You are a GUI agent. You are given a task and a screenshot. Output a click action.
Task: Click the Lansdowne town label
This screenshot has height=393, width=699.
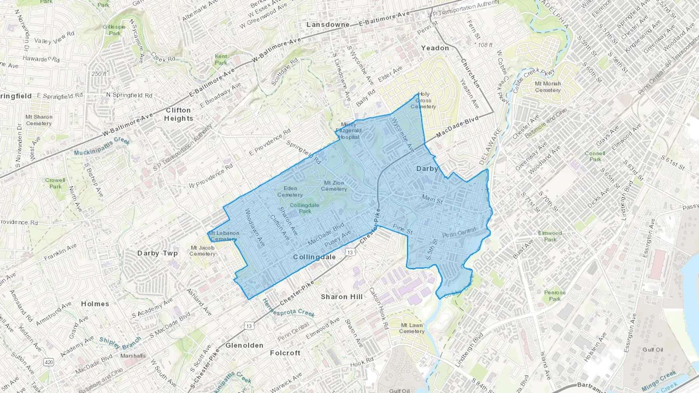click(328, 24)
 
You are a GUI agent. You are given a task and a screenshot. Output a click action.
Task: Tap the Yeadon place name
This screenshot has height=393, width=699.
click(435, 48)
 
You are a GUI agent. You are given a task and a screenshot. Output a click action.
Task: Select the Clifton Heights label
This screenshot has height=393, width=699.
click(178, 114)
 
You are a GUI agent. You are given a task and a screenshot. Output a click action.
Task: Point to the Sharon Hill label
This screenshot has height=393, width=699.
click(342, 297)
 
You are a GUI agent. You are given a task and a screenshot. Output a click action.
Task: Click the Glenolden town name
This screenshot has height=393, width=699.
click(244, 345)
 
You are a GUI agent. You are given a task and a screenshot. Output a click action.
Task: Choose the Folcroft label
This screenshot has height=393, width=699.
click(285, 353)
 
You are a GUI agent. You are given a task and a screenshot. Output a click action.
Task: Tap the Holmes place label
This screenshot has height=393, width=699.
click(95, 304)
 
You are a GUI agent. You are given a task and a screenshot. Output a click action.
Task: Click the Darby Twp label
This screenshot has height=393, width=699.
click(157, 253)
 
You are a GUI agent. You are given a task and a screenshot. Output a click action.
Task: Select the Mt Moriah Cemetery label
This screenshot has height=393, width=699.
click(548, 87)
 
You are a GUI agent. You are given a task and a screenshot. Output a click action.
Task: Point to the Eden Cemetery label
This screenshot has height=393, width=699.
click(290, 192)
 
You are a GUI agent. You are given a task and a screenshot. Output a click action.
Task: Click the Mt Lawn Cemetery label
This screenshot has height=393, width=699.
click(412, 328)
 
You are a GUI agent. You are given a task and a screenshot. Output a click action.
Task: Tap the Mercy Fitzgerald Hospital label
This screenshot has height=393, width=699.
click(348, 131)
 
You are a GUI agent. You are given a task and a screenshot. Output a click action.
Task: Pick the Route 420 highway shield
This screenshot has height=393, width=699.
click(49, 362)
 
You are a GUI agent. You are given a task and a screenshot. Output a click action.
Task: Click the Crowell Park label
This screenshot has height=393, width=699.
click(55, 183)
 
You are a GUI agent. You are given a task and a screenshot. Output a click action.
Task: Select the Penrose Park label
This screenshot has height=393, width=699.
click(555, 296)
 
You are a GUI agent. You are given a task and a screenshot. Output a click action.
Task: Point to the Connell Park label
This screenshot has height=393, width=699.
click(595, 156)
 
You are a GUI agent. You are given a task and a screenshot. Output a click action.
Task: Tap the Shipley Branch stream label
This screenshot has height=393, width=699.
click(120, 343)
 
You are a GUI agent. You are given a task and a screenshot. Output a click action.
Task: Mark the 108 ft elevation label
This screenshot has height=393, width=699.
click(485, 45)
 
